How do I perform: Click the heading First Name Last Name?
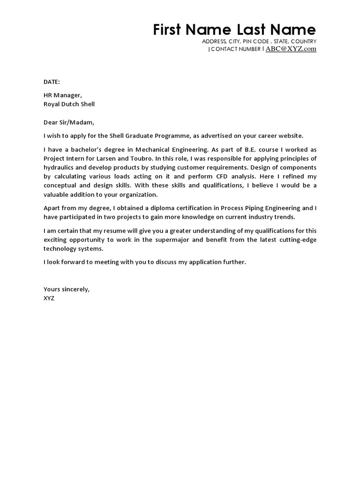click(x=234, y=30)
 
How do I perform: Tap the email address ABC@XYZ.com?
click(x=291, y=49)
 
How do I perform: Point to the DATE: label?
click(x=52, y=82)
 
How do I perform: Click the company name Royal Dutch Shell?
click(x=69, y=104)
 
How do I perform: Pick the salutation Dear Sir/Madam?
click(x=69, y=122)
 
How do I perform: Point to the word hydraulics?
click(x=59, y=167)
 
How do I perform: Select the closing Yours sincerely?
click(x=67, y=289)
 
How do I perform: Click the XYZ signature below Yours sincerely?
click(x=49, y=298)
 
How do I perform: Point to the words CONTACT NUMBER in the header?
click(x=235, y=49)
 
